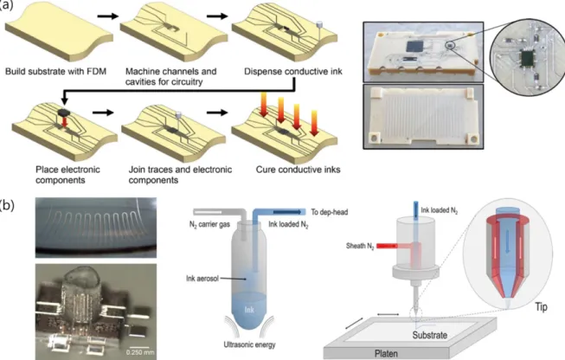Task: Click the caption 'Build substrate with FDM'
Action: [55, 71]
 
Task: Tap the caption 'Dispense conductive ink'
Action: [293, 71]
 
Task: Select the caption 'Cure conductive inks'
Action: [298, 170]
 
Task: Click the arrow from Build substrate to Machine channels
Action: [108, 16]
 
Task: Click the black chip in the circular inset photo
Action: [527, 59]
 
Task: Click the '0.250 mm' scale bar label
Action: [139, 352]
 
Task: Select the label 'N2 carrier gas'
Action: [210, 225]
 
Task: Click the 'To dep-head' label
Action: [330, 212]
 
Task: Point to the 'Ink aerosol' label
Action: [202, 279]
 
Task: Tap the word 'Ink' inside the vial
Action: [249, 309]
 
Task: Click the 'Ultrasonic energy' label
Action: [249, 344]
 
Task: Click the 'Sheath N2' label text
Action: [360, 247]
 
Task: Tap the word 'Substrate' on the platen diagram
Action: [429, 335]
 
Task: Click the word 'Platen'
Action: [386, 354]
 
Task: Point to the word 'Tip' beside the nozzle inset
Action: [542, 307]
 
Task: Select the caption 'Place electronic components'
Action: [67, 175]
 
